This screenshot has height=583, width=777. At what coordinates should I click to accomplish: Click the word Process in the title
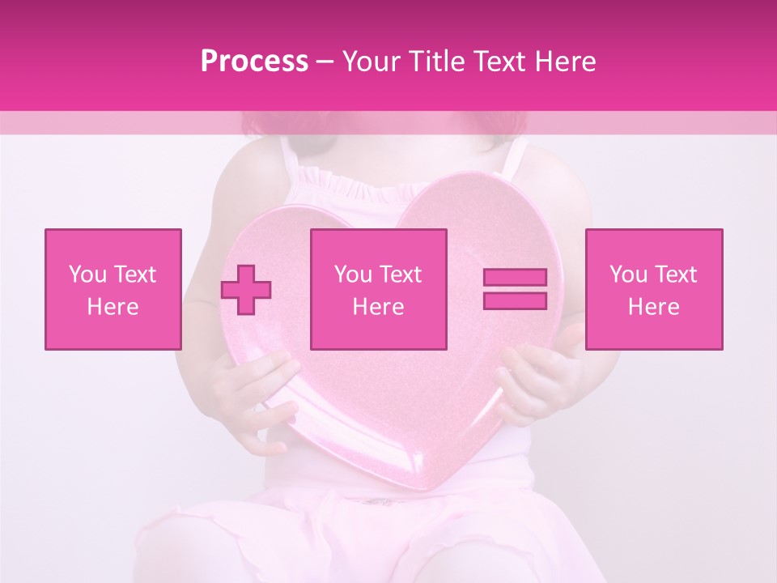coord(254,62)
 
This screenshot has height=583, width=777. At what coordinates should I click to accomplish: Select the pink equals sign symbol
coord(515,289)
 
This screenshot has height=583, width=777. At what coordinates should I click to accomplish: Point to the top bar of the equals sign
coord(515,278)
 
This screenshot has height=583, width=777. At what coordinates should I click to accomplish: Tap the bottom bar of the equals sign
coord(515,300)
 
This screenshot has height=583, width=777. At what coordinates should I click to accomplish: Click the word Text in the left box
coord(134,274)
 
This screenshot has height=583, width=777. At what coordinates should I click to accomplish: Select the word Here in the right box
coord(653,307)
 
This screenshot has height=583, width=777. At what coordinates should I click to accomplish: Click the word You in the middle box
coord(353,274)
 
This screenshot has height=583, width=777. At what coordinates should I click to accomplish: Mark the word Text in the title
coord(496,62)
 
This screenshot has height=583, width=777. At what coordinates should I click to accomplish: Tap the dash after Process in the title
coord(325,62)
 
